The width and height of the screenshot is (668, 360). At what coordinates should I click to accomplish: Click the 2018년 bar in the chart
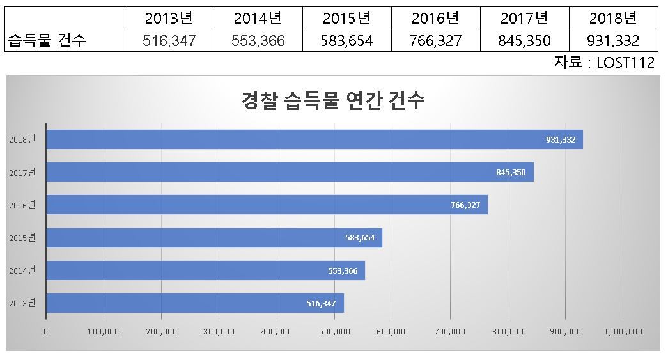click(x=315, y=139)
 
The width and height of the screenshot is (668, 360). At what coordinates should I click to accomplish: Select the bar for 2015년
click(x=214, y=238)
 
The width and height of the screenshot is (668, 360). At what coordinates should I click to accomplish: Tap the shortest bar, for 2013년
click(x=195, y=303)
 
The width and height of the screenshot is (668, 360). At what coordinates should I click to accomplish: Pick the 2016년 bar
click(x=267, y=205)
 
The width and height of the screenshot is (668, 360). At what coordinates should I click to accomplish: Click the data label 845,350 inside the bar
click(x=511, y=173)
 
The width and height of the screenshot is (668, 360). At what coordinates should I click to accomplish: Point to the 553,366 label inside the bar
click(x=343, y=271)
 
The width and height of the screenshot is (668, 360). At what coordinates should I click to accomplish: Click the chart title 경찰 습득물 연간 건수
click(x=333, y=100)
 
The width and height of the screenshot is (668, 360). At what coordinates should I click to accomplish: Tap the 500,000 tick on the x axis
click(x=334, y=331)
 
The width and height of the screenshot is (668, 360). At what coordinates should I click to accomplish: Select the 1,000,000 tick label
click(x=623, y=331)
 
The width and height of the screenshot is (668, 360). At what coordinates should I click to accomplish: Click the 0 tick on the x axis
click(x=45, y=331)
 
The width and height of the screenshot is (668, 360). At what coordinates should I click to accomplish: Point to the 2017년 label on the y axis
click(x=22, y=173)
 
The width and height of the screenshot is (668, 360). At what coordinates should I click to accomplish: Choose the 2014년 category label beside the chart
click(x=22, y=270)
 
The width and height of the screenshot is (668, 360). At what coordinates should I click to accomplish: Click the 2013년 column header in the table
click(x=169, y=18)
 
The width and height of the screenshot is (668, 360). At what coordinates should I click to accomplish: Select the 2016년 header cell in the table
click(x=436, y=18)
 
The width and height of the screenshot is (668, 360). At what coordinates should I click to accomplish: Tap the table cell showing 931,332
click(x=614, y=40)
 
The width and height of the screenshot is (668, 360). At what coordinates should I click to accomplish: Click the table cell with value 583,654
click(x=346, y=40)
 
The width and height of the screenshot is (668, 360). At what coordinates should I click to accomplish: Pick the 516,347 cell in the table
click(x=169, y=40)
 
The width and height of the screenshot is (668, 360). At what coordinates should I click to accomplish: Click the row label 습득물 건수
click(x=47, y=40)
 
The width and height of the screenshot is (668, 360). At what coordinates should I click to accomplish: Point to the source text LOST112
click(x=625, y=63)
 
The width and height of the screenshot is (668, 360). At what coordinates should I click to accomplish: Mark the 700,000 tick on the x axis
click(x=450, y=331)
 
